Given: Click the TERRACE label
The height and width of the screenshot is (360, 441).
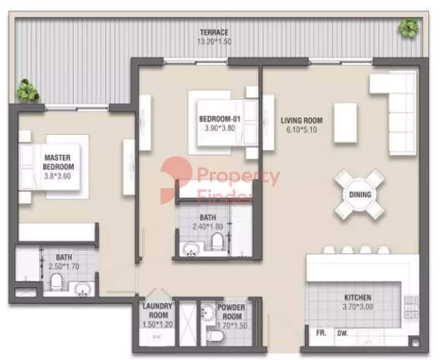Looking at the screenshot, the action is tap(214, 32).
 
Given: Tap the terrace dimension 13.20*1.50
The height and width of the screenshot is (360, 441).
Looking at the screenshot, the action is tap(214, 42).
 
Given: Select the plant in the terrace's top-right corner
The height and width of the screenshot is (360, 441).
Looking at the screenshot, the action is tap(408, 27).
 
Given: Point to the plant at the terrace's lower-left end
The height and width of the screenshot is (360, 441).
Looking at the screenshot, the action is tap(27, 91).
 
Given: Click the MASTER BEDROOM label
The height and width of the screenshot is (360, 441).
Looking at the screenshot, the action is tap(59, 162).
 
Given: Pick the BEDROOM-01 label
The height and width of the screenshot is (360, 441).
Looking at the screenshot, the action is tap(220, 119).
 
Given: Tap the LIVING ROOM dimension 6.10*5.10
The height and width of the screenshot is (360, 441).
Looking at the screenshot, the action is tap(302, 129).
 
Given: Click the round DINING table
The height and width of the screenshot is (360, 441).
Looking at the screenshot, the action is tap(360, 195).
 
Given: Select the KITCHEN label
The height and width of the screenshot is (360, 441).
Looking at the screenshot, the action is tap(358, 298).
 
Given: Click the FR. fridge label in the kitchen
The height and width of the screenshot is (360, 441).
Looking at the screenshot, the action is tap(321, 333).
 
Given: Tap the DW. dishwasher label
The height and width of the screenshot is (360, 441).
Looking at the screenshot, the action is tap(343, 333).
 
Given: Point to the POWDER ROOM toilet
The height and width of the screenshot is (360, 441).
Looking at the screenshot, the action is tap(215, 336).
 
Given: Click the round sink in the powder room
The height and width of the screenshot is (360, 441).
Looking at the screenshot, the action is tap(208, 311).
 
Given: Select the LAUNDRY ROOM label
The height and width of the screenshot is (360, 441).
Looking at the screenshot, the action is tap(157, 311).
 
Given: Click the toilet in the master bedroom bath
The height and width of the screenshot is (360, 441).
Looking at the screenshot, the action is tap(56, 282).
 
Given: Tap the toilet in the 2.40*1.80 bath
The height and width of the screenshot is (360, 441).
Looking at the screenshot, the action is tap(217, 241).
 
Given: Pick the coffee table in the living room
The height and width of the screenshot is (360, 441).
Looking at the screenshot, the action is tap(345, 123).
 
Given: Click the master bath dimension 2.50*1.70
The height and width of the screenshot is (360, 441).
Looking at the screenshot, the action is tap(64, 266).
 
